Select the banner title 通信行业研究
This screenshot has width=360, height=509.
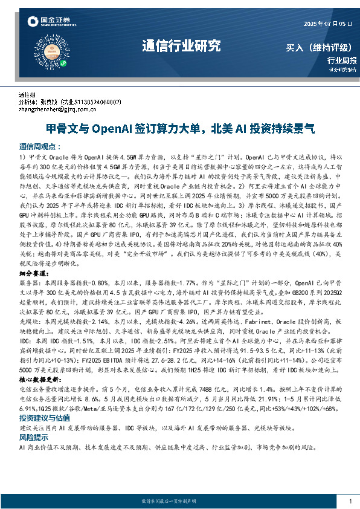181,46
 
